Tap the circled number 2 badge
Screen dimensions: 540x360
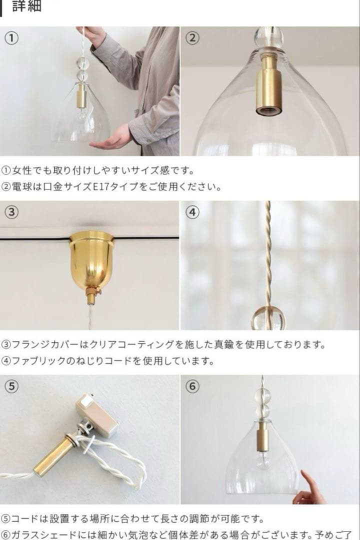tap(192, 38)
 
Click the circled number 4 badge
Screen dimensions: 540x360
tap(192, 212)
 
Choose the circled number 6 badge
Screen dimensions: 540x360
tap(192, 386)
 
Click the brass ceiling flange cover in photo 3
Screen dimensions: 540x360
tap(91, 260)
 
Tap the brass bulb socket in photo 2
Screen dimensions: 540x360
tap(269, 82)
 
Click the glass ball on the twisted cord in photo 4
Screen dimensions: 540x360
tap(268, 317)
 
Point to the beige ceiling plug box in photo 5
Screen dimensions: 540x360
tap(97, 414)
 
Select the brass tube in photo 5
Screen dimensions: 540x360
tap(55, 455)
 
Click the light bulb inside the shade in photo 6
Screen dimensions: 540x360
tap(263, 459)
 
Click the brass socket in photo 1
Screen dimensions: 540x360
tap(80, 95)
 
